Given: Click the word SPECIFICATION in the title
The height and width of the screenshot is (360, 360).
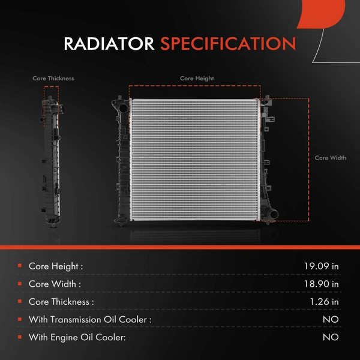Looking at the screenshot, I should (x=228, y=44).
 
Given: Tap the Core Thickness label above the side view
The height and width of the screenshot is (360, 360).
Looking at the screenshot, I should (x=53, y=78).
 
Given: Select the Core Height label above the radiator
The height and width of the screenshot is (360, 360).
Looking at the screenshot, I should (x=197, y=78).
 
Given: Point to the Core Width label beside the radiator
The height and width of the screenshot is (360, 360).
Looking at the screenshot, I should (x=331, y=158).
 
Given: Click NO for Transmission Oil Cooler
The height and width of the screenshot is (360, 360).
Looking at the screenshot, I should (x=331, y=320).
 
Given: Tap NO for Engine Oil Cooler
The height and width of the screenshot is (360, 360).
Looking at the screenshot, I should (x=331, y=338).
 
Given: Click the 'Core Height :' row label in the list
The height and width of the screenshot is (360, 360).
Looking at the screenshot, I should (x=56, y=266).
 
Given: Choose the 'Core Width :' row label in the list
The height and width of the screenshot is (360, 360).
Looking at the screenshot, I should (x=55, y=284).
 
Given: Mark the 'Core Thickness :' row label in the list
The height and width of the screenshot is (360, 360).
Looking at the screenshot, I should (x=61, y=302).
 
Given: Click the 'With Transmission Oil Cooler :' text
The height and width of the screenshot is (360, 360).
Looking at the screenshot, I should (x=90, y=320).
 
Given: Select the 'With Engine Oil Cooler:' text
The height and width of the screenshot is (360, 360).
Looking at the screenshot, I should (x=77, y=338).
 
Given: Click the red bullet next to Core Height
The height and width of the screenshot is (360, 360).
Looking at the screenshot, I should (x=20, y=265).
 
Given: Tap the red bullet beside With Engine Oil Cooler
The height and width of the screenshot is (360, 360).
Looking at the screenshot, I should (x=20, y=337).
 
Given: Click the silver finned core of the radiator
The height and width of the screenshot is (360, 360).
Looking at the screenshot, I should (x=194, y=158).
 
